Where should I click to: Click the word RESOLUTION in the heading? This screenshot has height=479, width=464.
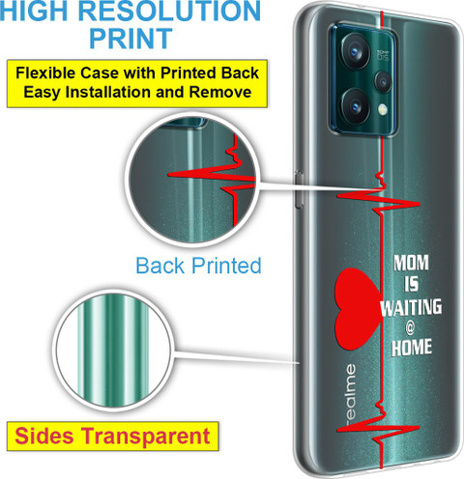(169, 11)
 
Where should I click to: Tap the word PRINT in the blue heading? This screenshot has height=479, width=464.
(130, 39)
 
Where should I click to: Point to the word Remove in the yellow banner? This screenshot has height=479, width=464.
(220, 92)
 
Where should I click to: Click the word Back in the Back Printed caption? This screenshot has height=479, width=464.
(160, 266)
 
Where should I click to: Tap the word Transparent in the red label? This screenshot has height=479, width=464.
(145, 437)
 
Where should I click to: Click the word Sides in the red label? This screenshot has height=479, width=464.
(44, 437)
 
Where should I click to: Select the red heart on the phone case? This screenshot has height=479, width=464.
(358, 309)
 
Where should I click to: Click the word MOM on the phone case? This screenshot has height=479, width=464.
(411, 263)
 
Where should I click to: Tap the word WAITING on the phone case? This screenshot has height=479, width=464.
(411, 307)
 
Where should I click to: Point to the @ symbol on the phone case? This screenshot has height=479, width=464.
(410, 328)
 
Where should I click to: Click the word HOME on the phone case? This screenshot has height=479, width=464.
(412, 348)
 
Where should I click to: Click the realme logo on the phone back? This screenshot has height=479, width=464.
(350, 392)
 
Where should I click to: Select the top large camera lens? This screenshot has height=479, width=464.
(356, 51)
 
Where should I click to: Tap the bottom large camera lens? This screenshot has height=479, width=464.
(355, 106)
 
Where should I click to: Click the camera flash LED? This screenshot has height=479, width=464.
(383, 109)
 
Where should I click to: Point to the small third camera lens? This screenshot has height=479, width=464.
(383, 82)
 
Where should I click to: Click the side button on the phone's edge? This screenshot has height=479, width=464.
(299, 189)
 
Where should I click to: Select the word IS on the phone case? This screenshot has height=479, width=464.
(412, 285)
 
